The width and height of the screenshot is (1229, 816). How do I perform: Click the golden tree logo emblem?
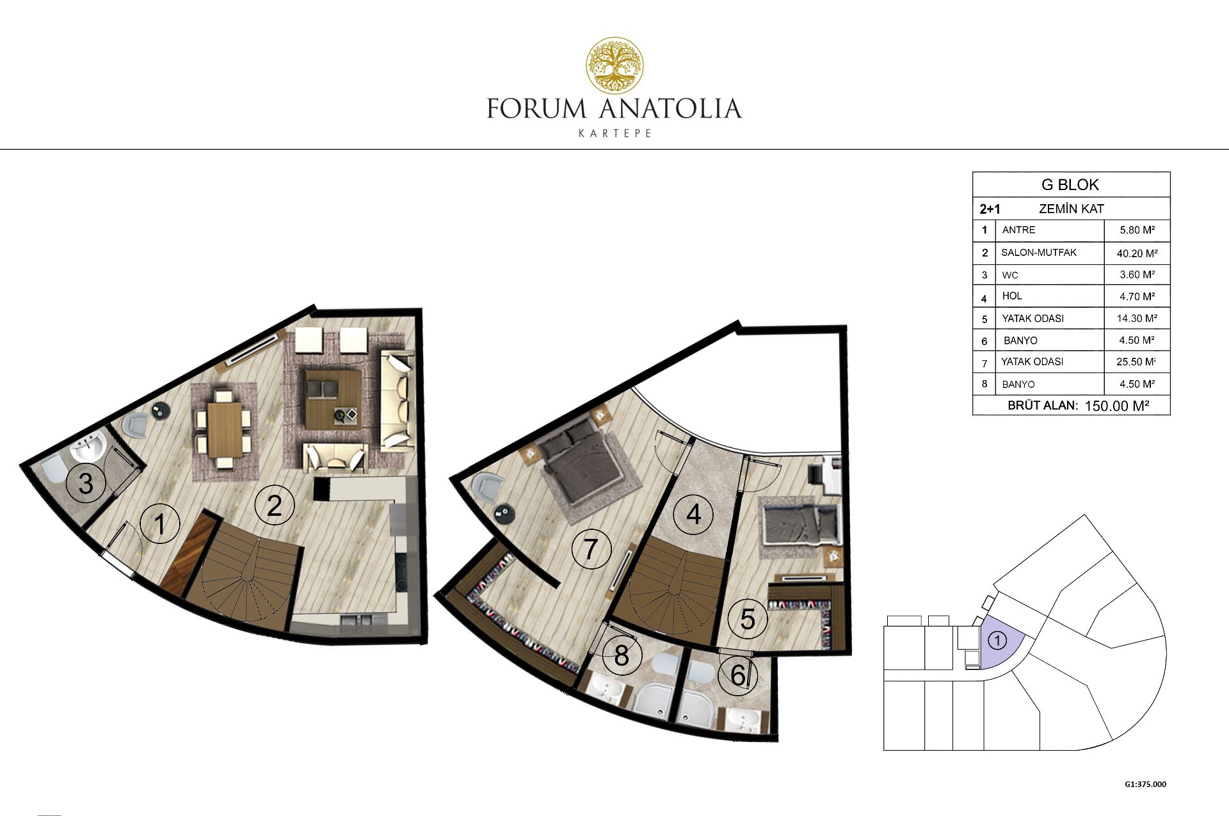(615, 65)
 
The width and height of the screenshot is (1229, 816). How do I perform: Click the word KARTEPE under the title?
(614, 133)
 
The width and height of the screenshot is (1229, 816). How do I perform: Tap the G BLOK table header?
(1070, 185)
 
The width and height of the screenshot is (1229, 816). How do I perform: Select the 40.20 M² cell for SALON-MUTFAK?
(1137, 253)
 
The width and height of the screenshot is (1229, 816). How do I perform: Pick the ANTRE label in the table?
(1018, 230)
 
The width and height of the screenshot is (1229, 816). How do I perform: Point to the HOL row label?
(1012, 296)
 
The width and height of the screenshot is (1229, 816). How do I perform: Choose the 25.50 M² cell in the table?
(1136, 362)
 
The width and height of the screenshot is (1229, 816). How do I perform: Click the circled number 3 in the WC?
(86, 483)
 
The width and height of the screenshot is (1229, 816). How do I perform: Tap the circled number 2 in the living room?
(274, 506)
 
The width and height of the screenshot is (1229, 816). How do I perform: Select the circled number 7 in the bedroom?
(590, 549)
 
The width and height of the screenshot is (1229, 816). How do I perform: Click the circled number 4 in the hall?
(694, 515)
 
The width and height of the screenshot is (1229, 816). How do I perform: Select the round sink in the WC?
(88, 446)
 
